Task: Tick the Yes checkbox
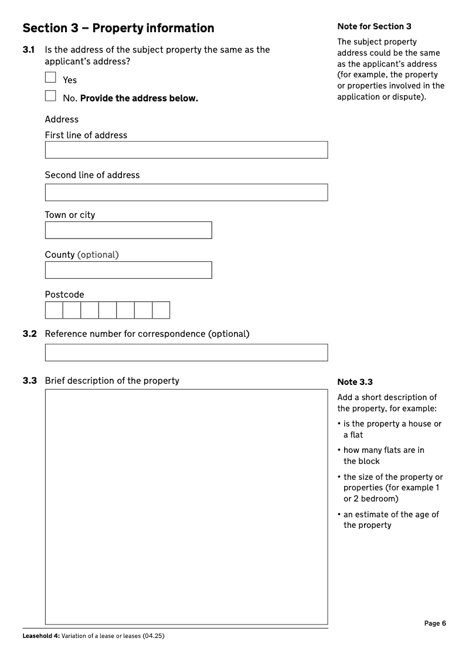pos(50,77)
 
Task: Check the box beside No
pos(50,96)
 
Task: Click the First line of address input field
pos(186,150)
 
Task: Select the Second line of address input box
pos(186,193)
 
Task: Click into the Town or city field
pos(128,230)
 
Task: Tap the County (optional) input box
pos(128,270)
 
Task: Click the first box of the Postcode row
pos(54,310)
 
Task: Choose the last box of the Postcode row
pos(161,310)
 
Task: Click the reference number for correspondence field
pos(186,353)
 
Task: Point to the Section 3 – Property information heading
pos(118,28)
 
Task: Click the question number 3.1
pos(29,50)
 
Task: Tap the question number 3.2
pos(29,334)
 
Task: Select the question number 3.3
pos(29,381)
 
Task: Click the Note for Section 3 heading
pos(374,26)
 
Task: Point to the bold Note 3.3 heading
pos(355,382)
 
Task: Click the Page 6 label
pos(435,623)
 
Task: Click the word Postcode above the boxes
pos(64,295)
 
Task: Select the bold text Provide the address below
pos(139,98)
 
